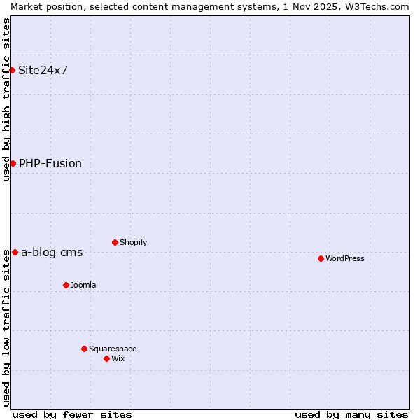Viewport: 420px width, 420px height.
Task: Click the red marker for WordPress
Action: (321, 258)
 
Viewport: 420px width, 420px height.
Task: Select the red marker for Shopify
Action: (115, 242)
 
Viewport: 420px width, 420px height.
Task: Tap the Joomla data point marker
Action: (66, 285)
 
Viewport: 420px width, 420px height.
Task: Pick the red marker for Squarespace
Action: (84, 349)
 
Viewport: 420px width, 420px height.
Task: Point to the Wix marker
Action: (106, 358)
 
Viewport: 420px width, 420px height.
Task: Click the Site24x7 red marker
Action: (13, 70)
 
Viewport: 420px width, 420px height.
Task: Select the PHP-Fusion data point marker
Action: (13, 163)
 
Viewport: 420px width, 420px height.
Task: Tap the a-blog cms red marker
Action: (15, 252)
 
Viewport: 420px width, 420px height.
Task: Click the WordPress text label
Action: (345, 258)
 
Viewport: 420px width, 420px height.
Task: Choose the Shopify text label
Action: (133, 242)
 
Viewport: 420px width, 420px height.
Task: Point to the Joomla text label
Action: (83, 285)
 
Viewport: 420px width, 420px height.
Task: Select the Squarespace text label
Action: (113, 349)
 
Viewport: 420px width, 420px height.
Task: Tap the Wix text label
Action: (118, 358)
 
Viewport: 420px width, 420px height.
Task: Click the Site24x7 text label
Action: (43, 70)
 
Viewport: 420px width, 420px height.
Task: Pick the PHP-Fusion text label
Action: (50, 163)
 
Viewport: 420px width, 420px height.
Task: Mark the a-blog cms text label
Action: (52, 252)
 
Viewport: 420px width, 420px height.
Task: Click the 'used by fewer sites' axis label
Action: (72, 414)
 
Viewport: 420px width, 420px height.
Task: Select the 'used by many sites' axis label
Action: (351, 414)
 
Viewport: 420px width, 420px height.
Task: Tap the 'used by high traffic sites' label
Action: (6, 100)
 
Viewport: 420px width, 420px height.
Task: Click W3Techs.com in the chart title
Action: (376, 6)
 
